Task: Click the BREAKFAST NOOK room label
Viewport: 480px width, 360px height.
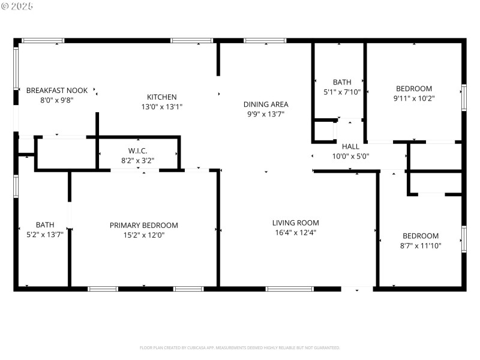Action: [56, 91]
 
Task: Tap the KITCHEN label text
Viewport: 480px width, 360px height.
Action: [162, 97]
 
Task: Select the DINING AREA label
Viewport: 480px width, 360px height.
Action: [265, 104]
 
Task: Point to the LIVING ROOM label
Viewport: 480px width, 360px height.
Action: [295, 223]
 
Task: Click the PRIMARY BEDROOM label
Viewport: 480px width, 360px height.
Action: [143, 226]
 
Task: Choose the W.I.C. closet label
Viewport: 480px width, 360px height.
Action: [137, 151]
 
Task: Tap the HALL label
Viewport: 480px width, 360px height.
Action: [350, 146]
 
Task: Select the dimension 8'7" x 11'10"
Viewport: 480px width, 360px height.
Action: [420, 245]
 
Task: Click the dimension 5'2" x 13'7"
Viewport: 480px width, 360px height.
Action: [44, 235]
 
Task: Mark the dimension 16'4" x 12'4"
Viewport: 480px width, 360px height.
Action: [295, 232]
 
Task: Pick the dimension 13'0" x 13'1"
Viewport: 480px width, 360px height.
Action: [162, 107]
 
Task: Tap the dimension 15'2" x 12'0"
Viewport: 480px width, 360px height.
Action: [143, 235]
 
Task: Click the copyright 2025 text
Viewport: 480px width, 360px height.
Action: [17, 6]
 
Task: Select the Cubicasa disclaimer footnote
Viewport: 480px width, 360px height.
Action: [240, 347]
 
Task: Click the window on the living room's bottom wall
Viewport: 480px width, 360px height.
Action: [289, 289]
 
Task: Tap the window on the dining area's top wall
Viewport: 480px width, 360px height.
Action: [265, 41]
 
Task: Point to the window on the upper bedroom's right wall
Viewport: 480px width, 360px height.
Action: [463, 97]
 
